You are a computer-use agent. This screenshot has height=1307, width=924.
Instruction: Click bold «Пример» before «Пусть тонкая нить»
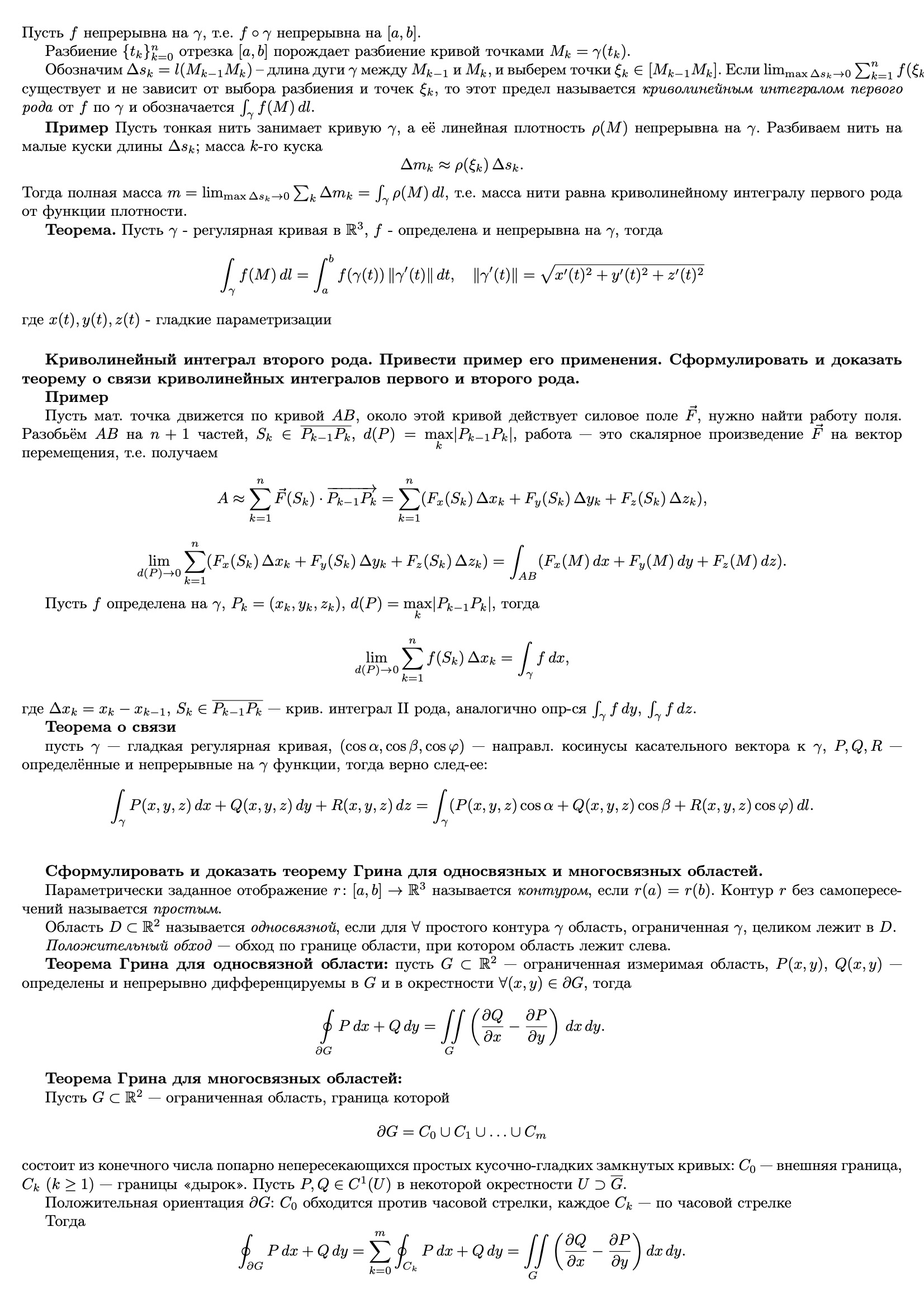point(76,128)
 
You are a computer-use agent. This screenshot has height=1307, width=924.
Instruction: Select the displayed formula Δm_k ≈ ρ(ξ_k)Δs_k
point(462,165)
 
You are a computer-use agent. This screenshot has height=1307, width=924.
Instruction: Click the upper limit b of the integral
point(330,258)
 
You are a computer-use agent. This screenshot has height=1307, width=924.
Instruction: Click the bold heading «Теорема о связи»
point(111,727)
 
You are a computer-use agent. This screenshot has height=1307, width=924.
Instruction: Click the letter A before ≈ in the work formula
point(223,499)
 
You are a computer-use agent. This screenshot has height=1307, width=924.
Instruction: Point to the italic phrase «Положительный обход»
point(128,946)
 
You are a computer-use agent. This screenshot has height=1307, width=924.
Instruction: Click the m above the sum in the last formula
point(380,1233)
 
